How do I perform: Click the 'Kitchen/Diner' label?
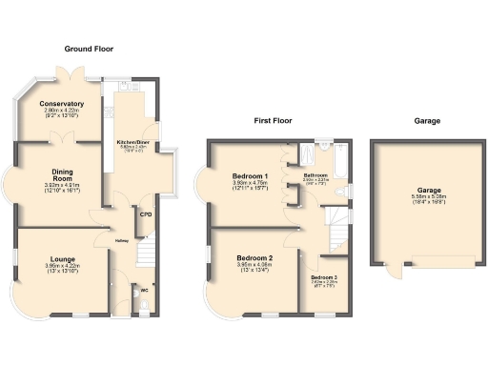(x=132, y=142)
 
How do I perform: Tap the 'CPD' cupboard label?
(x=146, y=214)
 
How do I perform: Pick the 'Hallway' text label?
(x=122, y=240)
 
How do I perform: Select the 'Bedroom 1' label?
(x=252, y=177)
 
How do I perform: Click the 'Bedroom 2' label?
(x=255, y=258)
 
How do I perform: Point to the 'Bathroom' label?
(x=316, y=175)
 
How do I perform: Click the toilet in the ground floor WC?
(x=143, y=303)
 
